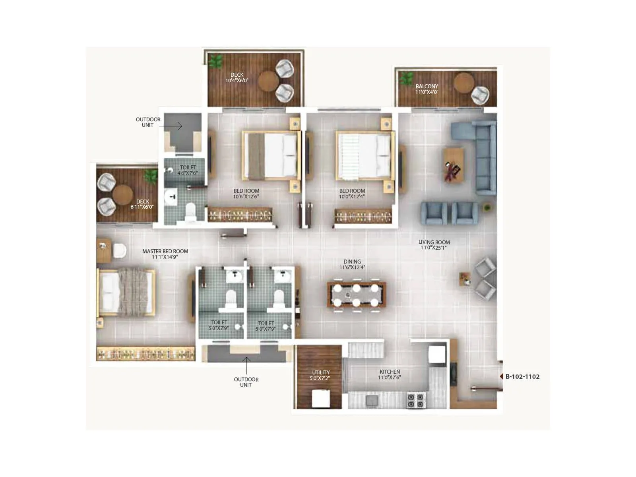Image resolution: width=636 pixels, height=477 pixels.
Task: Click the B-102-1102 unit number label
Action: pyautogui.click(x=522, y=376)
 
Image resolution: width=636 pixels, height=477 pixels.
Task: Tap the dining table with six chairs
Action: pyautogui.click(x=356, y=295)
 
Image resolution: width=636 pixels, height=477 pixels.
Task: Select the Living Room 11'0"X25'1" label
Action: pyautogui.click(x=434, y=245)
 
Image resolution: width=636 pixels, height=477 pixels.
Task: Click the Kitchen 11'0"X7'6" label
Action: pyautogui.click(x=390, y=374)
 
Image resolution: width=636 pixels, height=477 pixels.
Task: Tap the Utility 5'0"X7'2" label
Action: pyautogui.click(x=320, y=375)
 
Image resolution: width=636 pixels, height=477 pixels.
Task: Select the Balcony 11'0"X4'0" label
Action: pyautogui.click(x=427, y=89)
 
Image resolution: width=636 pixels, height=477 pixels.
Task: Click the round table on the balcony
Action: pyautogui.click(x=463, y=83)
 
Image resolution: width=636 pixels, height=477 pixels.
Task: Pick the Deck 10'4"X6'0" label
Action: pyautogui.click(x=237, y=78)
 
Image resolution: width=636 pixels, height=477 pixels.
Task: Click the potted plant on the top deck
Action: pyautogui.click(x=216, y=62)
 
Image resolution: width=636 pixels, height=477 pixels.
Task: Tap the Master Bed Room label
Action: pyautogui.click(x=165, y=254)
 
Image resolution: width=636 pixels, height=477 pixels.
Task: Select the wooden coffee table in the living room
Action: pyautogui.click(x=454, y=165)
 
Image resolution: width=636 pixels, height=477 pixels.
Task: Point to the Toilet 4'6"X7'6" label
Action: pyautogui.click(x=188, y=170)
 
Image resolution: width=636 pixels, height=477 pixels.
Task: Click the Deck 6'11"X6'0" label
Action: pyautogui.click(x=142, y=204)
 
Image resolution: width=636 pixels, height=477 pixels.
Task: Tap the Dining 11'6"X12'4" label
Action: pyautogui.click(x=352, y=264)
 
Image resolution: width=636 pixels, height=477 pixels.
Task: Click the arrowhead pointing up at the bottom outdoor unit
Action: pyautogui.click(x=246, y=359)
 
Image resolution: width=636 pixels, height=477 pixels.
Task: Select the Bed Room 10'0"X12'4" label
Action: pyautogui.click(x=352, y=194)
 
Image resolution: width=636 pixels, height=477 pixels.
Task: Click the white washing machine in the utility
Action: pyautogui.click(x=321, y=398)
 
